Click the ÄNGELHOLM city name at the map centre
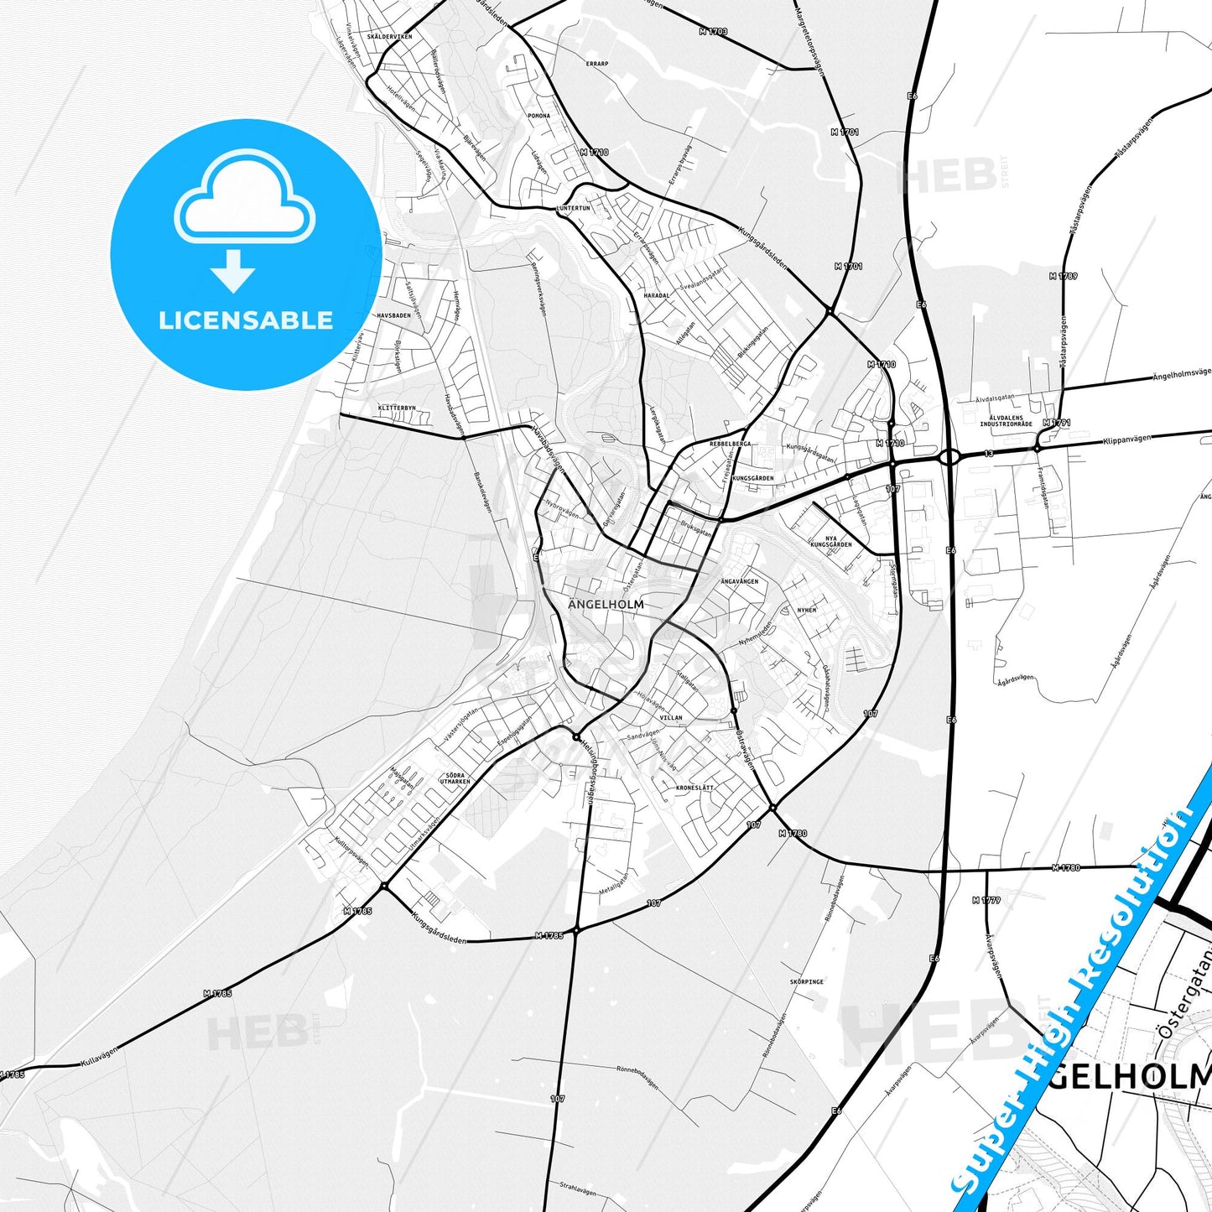(x=606, y=604)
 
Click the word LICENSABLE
(x=246, y=320)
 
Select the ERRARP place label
(x=597, y=64)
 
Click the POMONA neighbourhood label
(x=538, y=116)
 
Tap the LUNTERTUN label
(x=573, y=208)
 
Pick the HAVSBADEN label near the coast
(x=393, y=315)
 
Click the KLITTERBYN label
(x=397, y=408)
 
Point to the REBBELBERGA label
(x=730, y=443)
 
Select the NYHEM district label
(x=806, y=611)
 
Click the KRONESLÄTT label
(x=694, y=788)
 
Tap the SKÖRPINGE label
(x=806, y=981)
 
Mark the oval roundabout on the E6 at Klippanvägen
(x=949, y=457)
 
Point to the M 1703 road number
(x=713, y=32)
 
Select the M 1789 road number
(x=1063, y=276)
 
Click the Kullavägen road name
(x=99, y=1054)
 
